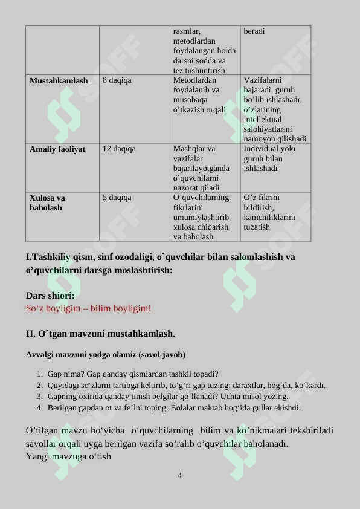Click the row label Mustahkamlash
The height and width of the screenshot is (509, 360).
(x=59, y=80)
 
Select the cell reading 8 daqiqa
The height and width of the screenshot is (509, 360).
(x=117, y=80)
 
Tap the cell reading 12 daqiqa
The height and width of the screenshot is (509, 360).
(x=119, y=148)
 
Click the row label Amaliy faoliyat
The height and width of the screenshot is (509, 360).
(x=57, y=149)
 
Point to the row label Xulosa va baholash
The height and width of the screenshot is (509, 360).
(x=48, y=203)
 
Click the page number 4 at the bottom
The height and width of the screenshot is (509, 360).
(x=180, y=475)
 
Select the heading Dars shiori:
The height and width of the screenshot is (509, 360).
(x=50, y=296)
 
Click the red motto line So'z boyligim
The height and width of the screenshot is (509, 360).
(x=88, y=308)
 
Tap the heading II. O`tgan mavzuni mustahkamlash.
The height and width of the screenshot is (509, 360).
(x=100, y=333)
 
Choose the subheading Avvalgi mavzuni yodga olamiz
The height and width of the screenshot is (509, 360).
(x=106, y=354)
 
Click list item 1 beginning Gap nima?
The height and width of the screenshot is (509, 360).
(x=132, y=374)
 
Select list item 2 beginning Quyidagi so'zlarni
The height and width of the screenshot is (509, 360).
(x=186, y=385)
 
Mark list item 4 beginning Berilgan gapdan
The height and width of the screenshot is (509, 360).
(x=173, y=408)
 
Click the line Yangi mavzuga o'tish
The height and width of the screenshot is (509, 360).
(x=68, y=456)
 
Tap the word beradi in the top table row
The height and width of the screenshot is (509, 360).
(x=254, y=31)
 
